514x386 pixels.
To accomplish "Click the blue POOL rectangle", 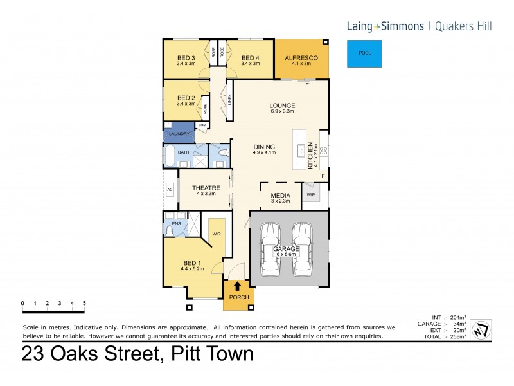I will pos(364,53).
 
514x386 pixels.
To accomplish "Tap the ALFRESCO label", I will pos(301,57).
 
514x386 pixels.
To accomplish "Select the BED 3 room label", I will pos(186,58).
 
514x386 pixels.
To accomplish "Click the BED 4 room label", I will pos(250,58).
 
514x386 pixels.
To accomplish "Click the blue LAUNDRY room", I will pos(179,134).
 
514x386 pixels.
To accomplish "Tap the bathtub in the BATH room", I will pos(171,156).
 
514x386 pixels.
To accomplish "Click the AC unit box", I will pos(170,190).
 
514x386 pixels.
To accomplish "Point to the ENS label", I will pos(175,223).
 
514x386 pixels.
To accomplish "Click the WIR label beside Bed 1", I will pos(217,234).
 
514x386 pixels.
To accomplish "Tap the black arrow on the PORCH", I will pos(236,286).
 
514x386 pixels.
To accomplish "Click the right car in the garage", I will pos(303,248).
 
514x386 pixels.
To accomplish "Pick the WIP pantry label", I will pos(311,194).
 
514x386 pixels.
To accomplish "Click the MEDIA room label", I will pos(281,195).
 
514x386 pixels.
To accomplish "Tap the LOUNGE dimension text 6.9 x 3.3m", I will pos(282,111).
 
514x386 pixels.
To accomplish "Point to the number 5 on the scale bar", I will pos(84,302).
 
